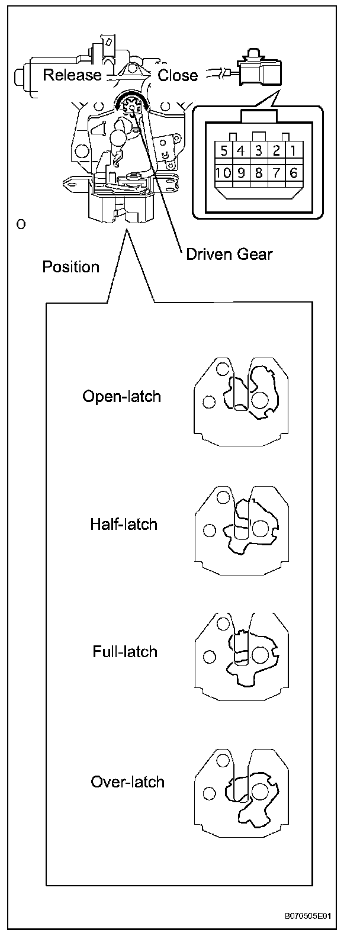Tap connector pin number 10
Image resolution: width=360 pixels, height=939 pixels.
coord(223,174)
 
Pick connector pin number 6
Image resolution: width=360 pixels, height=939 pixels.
coord(294,174)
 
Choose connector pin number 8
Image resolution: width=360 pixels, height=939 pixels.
coord(258,174)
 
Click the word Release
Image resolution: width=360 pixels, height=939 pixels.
coord(72,75)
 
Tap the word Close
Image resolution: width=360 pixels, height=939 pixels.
coord(178,75)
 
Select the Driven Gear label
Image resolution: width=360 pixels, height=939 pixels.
coord(229,254)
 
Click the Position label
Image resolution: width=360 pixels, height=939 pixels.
coord(70,267)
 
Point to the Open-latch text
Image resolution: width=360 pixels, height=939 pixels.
coord(121,395)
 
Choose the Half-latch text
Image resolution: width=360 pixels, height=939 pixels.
coord(124,524)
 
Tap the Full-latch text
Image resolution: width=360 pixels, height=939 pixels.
coord(125,652)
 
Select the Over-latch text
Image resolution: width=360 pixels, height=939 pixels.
coord(127,782)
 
